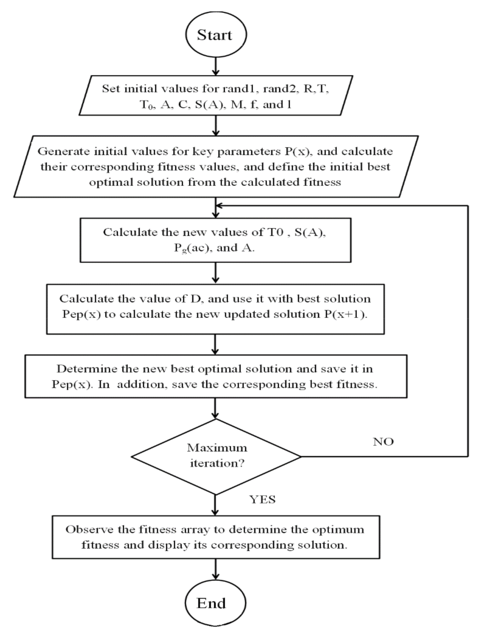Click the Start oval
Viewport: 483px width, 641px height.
tap(216, 34)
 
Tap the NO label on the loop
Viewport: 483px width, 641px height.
tap(383, 442)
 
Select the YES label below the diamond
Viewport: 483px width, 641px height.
tap(262, 500)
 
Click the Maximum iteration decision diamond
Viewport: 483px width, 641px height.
tap(216, 456)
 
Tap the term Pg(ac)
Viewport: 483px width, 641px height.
tap(191, 248)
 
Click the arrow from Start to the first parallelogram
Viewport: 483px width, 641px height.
tap(216, 66)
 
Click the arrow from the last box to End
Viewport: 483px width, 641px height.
tap(215, 569)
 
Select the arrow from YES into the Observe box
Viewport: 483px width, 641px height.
tap(215, 505)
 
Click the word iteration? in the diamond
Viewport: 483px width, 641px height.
tap(217, 463)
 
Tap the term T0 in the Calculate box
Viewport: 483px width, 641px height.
tap(276, 232)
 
